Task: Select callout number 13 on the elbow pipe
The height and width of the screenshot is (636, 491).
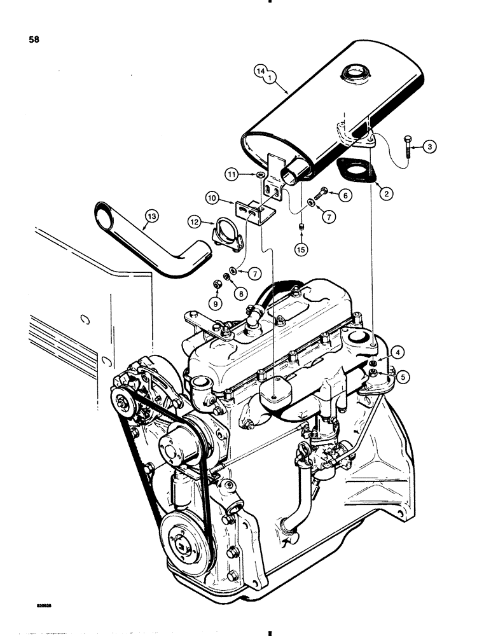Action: coord(151,217)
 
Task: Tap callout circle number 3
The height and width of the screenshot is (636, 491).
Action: coord(431,148)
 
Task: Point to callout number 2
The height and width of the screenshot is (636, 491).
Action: coord(382,189)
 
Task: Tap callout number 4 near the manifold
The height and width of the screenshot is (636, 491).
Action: coord(397,352)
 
